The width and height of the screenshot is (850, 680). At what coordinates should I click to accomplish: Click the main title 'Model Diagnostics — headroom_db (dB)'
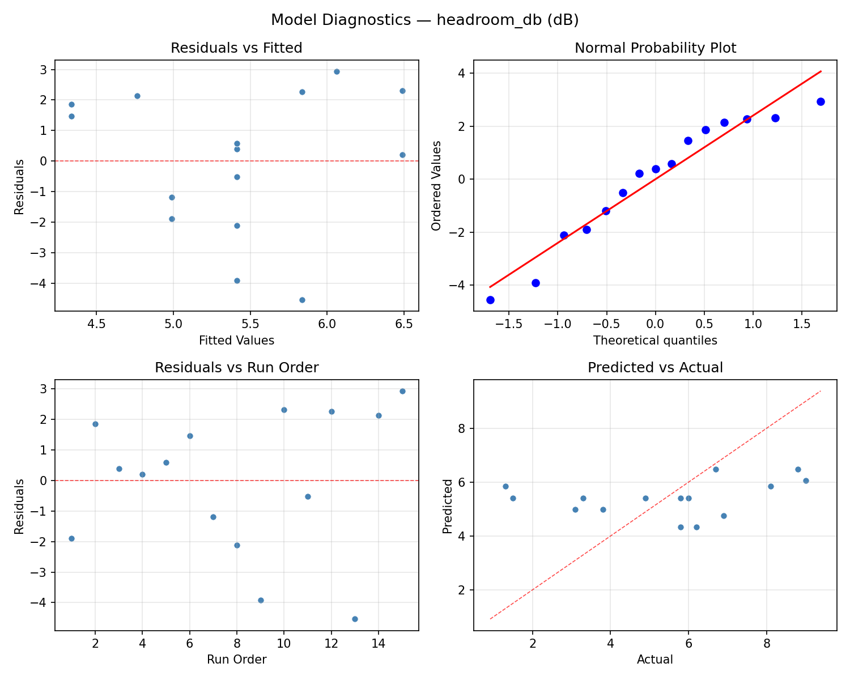click(x=424, y=20)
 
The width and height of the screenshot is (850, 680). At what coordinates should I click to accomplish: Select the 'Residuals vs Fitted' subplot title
click(x=236, y=48)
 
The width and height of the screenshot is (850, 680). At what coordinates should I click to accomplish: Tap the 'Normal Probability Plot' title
click(x=655, y=48)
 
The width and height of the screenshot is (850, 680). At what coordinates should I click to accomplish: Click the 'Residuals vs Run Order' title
click(x=236, y=368)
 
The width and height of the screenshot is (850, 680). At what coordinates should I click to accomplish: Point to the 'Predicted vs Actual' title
click(x=655, y=368)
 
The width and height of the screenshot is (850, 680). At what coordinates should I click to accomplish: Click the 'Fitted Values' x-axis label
click(x=236, y=341)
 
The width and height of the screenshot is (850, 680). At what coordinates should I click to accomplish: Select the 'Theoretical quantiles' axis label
click(x=655, y=341)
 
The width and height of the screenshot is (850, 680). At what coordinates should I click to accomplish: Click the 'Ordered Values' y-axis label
click(x=436, y=185)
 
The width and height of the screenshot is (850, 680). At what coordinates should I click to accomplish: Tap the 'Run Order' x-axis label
click(x=236, y=660)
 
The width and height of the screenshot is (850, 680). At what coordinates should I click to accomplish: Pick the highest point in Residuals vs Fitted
click(x=337, y=71)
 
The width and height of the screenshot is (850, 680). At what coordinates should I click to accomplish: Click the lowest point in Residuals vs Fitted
click(x=302, y=300)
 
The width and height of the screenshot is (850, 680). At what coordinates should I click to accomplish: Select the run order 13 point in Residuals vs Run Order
click(x=355, y=619)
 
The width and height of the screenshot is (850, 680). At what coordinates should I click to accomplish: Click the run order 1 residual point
click(x=71, y=538)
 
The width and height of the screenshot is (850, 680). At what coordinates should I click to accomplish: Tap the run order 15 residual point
click(x=402, y=391)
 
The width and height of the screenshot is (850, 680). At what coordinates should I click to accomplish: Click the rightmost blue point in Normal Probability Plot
click(x=821, y=101)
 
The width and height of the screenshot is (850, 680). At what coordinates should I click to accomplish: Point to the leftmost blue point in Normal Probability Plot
click(x=490, y=300)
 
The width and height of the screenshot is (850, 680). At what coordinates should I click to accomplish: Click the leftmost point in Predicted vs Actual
click(x=505, y=486)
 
